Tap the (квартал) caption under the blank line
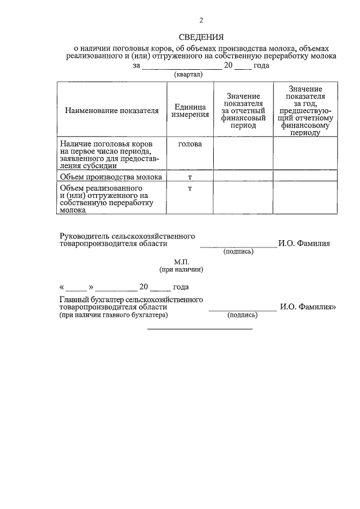[188, 74]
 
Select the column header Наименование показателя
[112, 110]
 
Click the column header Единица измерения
[190, 110]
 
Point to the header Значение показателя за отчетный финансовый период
[243, 110]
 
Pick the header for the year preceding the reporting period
[305, 110]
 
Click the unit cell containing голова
[190, 144]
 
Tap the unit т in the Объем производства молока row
[190, 177]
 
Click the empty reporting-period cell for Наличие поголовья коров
[243, 153]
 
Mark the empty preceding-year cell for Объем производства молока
[305, 177]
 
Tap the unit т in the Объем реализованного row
[190, 188]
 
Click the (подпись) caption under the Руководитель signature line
[238, 251]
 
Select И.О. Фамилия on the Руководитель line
[304, 244]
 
